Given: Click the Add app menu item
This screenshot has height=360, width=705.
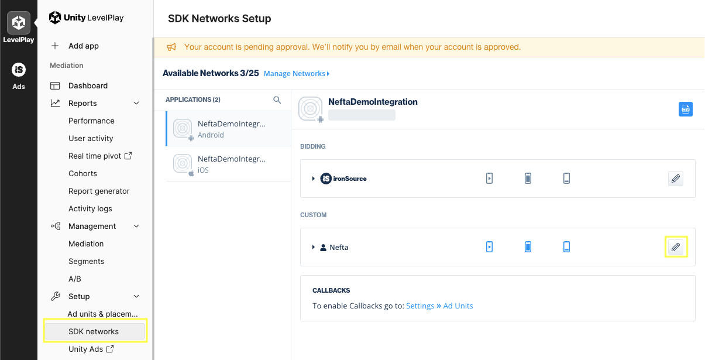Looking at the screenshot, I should [83, 46].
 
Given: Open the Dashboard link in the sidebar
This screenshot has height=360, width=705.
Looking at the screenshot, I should [88, 85].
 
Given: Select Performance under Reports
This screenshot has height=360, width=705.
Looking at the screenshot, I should [91, 121].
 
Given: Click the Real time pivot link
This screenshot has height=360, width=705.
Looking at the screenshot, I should [100, 156].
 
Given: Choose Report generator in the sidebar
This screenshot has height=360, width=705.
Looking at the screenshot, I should [99, 191].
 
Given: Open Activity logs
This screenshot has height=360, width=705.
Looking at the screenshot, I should [90, 208].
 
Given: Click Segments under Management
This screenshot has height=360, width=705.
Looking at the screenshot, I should [86, 261].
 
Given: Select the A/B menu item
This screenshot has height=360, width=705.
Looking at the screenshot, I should [75, 279].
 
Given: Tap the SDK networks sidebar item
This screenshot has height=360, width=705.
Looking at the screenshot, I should [94, 331].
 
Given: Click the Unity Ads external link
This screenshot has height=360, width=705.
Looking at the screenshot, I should [91, 349].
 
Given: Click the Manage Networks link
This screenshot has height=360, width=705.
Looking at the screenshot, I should [297, 74].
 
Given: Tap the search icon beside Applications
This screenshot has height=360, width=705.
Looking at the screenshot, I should [277, 100].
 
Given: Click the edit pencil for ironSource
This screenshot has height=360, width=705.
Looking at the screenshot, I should [676, 179].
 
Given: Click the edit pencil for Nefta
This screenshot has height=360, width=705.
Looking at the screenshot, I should [676, 247].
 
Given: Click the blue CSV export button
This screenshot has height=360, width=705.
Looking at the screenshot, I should [686, 109].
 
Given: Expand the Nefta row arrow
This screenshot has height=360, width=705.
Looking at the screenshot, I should [314, 248].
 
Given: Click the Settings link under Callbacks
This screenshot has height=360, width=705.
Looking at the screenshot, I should [420, 306].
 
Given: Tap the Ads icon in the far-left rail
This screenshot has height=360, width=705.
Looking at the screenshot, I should [19, 76].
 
